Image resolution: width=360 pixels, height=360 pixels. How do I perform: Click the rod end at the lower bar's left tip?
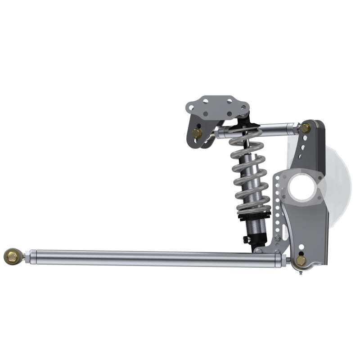12,256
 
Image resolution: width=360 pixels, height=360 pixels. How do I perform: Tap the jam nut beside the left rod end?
27,257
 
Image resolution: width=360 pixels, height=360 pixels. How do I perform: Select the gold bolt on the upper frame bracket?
197,133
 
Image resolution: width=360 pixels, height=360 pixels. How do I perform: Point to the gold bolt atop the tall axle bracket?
305,128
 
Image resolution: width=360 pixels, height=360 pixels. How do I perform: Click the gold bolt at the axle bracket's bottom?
300,261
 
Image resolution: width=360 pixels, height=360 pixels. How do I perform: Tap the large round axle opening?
302,187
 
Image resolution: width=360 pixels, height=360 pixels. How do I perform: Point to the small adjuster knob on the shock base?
246,239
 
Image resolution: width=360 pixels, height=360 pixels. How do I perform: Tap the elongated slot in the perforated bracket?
285,232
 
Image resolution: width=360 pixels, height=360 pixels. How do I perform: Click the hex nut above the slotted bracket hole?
278,238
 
